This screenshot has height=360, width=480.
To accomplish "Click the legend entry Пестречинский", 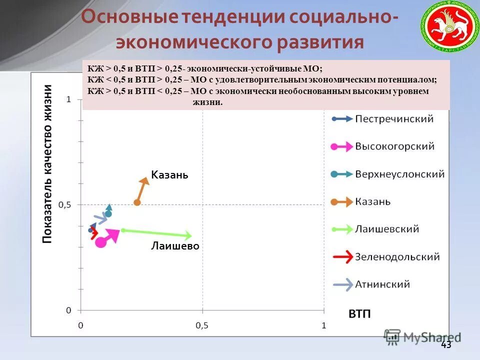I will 394,119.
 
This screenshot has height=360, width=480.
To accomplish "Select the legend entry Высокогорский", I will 394,146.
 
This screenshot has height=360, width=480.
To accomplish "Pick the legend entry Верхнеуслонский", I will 399,174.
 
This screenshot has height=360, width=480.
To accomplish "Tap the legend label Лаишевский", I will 387,229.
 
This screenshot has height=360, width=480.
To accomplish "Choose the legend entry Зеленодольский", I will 397,257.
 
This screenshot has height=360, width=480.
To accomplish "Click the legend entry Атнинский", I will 382,284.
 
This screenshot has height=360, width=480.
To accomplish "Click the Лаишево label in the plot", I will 175,246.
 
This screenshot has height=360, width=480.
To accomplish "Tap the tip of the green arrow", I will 191,235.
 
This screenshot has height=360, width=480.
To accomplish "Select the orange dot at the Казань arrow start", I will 137,202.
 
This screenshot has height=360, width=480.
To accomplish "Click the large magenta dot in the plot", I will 100,242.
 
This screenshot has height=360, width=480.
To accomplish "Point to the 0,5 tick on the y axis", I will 65,205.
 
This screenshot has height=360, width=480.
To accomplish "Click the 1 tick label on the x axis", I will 323,325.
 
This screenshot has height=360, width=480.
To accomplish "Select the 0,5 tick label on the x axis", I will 202,325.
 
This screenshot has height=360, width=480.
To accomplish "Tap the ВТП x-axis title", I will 359,314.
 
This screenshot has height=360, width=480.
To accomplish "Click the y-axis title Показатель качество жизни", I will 47,164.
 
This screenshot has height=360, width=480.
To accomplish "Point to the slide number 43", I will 446,345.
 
